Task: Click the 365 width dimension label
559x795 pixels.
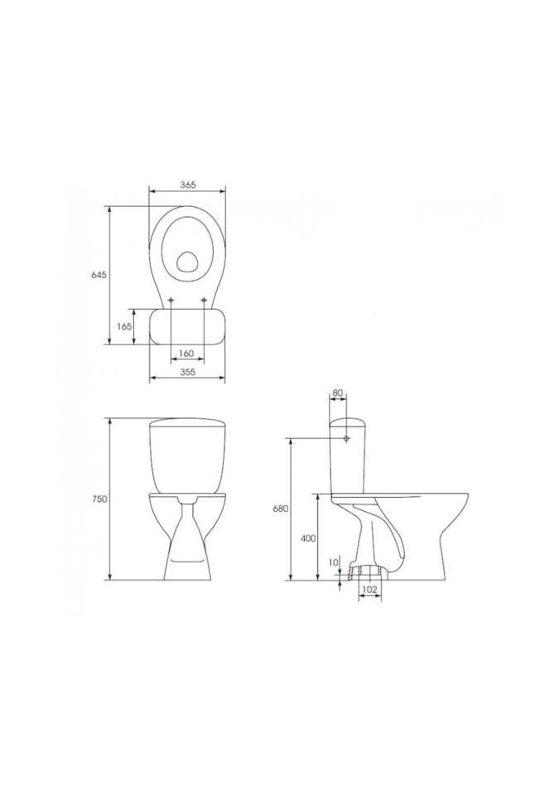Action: point(188,185)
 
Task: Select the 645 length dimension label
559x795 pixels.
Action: point(98,275)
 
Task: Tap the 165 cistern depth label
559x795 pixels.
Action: point(125,326)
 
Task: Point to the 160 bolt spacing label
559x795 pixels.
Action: point(187,354)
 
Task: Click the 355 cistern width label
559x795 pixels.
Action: point(188,372)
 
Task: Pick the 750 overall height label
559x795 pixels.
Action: point(100,499)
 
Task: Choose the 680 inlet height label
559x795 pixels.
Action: point(281,508)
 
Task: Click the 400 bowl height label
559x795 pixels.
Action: point(308,538)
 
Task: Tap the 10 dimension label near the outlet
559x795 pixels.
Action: point(333,562)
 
